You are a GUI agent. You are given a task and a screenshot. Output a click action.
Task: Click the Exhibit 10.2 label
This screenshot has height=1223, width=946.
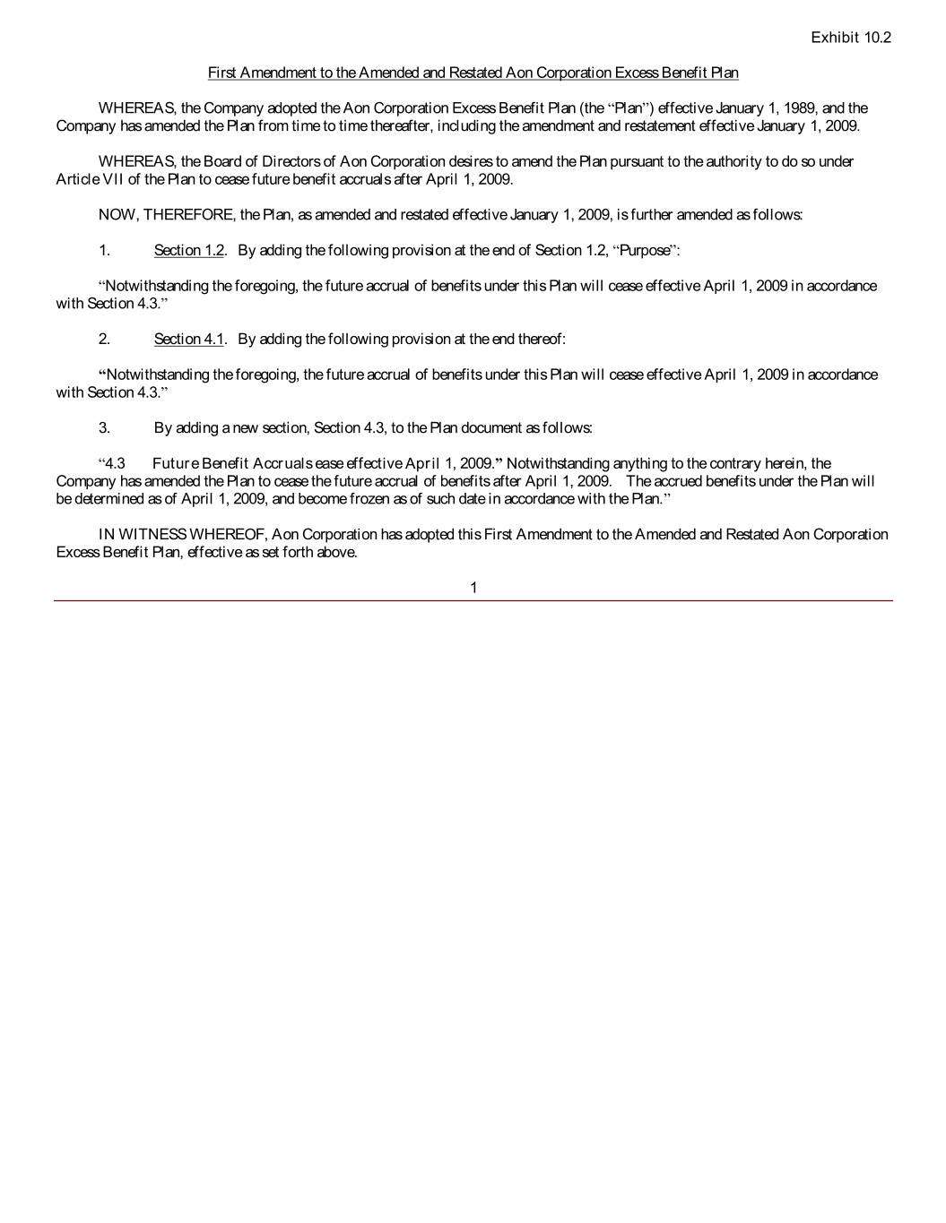coord(850,37)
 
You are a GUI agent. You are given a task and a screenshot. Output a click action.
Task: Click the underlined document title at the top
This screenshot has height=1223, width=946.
coord(473,72)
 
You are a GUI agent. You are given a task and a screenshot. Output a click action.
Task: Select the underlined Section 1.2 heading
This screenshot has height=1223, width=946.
coord(188,250)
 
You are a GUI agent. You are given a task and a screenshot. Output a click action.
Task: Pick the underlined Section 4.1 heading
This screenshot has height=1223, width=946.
coord(188,339)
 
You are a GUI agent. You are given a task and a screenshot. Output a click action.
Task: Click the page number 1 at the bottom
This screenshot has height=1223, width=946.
coord(473,588)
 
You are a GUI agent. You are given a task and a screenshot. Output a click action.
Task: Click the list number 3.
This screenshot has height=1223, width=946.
coord(104,427)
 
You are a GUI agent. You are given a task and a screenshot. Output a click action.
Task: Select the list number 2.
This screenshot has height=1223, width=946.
coord(104,339)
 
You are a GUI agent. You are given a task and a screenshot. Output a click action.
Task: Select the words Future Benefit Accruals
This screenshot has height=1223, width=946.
coord(232,463)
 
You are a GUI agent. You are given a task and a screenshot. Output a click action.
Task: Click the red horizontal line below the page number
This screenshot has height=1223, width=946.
coord(473,600)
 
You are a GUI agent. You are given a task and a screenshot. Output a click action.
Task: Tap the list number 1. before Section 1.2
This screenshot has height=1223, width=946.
coord(104,250)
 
